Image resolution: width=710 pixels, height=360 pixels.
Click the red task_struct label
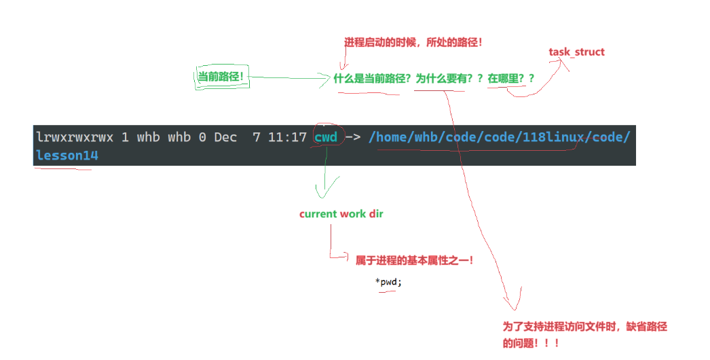point(576,52)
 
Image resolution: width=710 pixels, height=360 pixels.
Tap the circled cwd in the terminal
point(326,137)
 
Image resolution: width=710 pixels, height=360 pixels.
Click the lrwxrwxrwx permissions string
point(75,137)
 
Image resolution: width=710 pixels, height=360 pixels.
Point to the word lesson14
point(67,156)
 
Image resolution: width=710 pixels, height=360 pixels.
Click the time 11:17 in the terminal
point(287,137)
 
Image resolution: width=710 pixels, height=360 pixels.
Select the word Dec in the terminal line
point(225,137)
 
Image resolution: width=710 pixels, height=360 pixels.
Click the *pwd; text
point(388,282)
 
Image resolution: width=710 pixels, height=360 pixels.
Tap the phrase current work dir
point(341,214)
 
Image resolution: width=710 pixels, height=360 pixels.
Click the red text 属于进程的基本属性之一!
point(414,259)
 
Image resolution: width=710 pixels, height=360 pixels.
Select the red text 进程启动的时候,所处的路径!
point(413,42)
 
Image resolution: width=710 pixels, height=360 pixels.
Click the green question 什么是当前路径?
point(372,78)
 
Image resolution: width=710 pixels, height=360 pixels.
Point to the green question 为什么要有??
point(449,78)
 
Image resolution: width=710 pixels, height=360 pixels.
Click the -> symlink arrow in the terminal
point(353,137)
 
